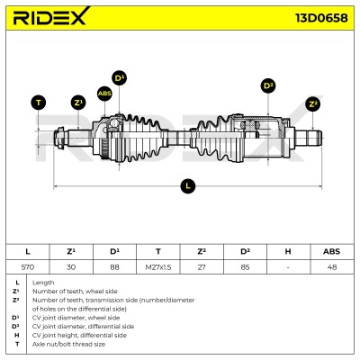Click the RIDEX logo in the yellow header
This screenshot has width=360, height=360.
pyautogui.click(x=51, y=16)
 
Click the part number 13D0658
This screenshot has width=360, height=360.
pyautogui.click(x=322, y=18)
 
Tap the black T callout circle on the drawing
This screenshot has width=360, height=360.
pyautogui.click(x=39, y=103)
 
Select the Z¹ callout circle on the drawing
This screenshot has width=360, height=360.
pyautogui.click(x=78, y=103)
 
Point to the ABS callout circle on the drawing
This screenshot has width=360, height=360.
pyautogui.click(x=104, y=94)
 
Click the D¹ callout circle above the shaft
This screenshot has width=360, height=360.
pyautogui.click(x=120, y=78)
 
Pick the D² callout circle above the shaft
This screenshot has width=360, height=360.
pyautogui.click(x=268, y=86)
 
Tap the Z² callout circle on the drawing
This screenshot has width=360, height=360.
pyautogui.click(x=313, y=104)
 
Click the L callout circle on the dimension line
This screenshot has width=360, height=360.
pyautogui.click(x=188, y=186)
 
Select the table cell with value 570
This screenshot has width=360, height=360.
pyautogui.click(x=28, y=267)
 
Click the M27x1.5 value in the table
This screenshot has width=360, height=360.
pyautogui.click(x=158, y=267)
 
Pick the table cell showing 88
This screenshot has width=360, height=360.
pyautogui.click(x=114, y=267)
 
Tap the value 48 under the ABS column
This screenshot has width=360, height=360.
pyautogui.click(x=332, y=267)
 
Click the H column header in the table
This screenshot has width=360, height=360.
pyautogui.click(x=288, y=251)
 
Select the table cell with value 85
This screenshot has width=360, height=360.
pyautogui.click(x=245, y=267)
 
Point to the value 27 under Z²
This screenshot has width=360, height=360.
pyautogui.click(x=202, y=267)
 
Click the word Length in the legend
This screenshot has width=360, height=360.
pyautogui.click(x=43, y=283)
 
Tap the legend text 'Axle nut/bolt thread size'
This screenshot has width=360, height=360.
pyautogui.click(x=68, y=344)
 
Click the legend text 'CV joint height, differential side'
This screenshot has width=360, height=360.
pyautogui.click(x=79, y=336)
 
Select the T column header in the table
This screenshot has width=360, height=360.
pyautogui.click(x=158, y=251)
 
